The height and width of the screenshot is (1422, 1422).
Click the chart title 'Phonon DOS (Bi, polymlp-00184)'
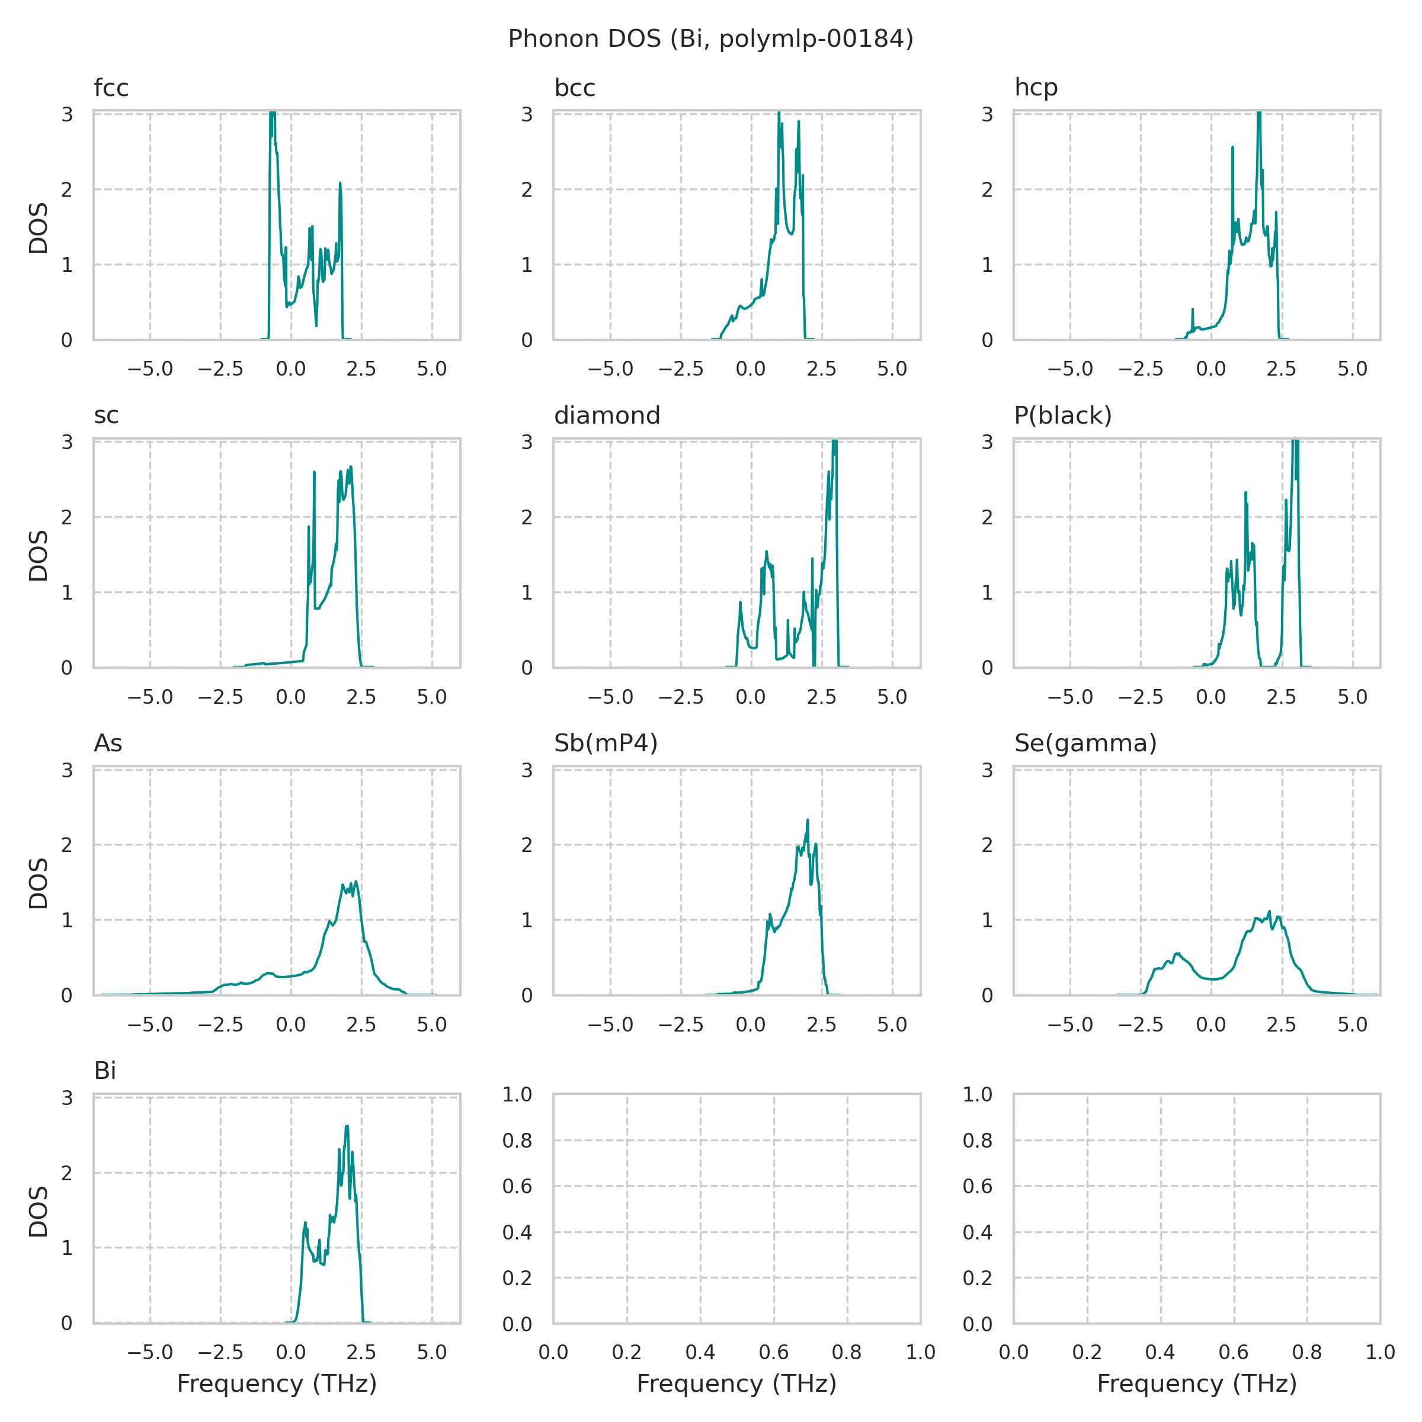(710, 39)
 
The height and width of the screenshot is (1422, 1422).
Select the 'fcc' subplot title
(111, 88)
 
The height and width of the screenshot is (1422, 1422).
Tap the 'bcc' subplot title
(575, 88)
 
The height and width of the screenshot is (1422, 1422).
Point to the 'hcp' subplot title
(1036, 88)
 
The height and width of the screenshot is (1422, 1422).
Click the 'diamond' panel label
(607, 416)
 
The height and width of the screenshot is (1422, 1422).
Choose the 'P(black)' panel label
(1063, 416)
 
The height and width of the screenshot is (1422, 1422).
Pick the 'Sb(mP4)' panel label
(606, 744)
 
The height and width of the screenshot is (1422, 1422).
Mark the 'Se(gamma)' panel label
(1085, 744)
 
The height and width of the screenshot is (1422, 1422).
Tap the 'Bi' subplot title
(105, 1071)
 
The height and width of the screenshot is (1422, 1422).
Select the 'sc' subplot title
(106, 416)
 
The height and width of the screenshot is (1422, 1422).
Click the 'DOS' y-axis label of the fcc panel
(39, 228)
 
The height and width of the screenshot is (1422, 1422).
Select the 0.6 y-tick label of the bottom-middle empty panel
(517, 1186)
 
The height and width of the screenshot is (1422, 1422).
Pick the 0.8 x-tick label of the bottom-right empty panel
(1307, 1352)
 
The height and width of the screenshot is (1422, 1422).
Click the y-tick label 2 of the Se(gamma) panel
(987, 845)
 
